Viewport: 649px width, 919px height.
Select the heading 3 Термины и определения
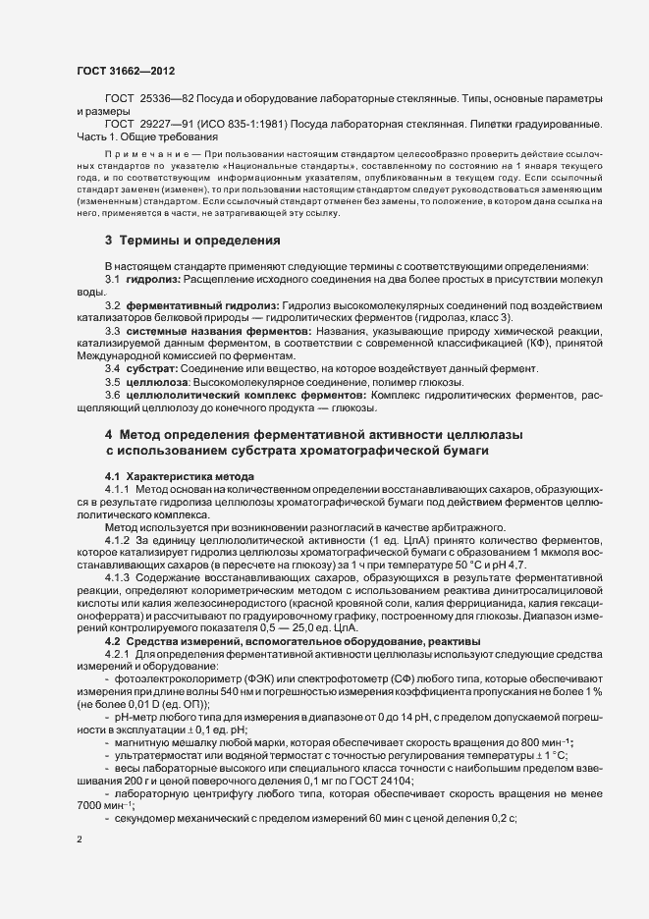click(x=180, y=241)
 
